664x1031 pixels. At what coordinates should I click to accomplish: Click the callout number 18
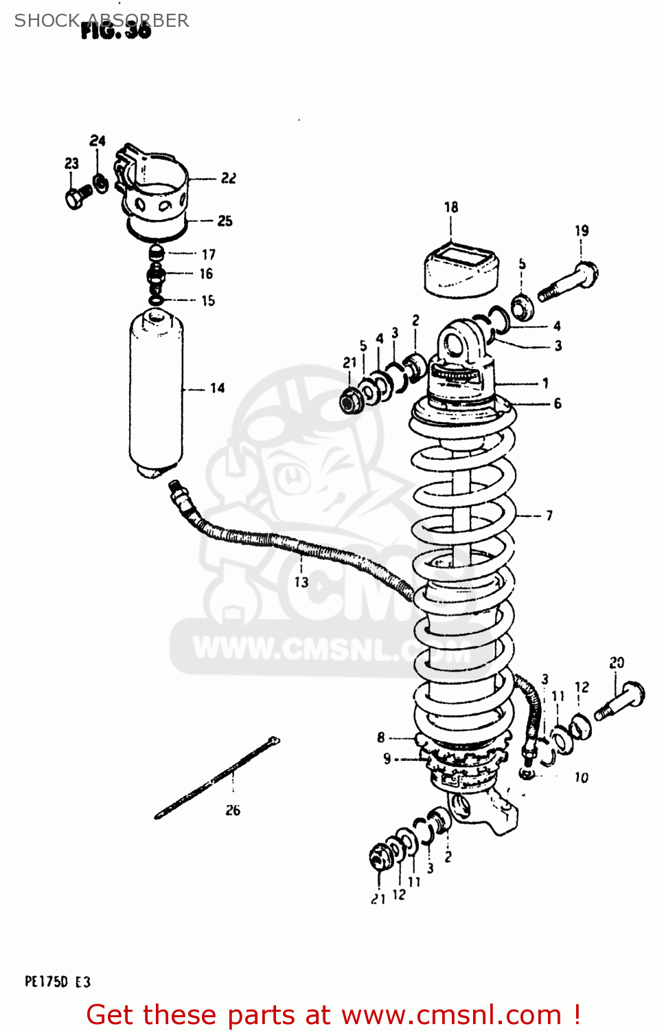450,207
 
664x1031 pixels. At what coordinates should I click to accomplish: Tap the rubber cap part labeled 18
461,269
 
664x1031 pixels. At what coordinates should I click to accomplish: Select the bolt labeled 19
569,282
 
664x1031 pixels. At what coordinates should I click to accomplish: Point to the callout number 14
217,388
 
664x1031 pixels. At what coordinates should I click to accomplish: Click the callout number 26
233,810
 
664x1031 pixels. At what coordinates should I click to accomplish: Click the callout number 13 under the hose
301,582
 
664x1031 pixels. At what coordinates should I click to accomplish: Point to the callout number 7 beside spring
549,515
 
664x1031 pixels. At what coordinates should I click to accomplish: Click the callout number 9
387,759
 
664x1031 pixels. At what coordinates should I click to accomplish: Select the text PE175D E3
58,982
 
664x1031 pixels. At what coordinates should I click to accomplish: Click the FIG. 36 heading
115,30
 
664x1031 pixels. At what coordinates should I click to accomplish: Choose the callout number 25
225,221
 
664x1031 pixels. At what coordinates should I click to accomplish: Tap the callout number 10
581,777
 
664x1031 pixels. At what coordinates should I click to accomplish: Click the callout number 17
208,254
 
